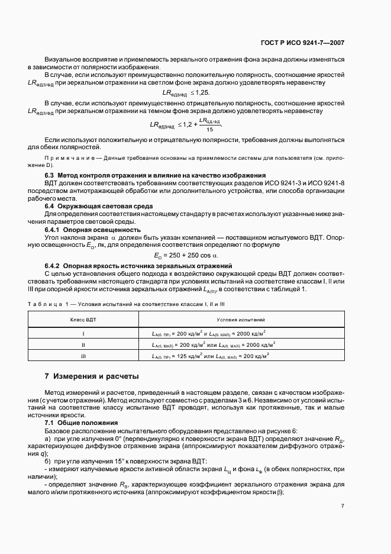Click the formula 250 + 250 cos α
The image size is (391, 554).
pos(186,255)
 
